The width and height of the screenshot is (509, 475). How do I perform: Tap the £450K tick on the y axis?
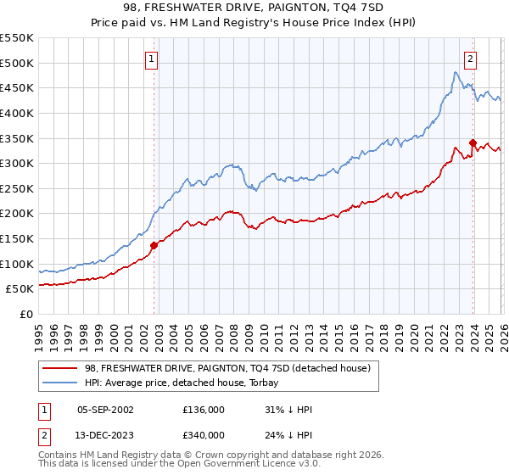(x=17, y=87)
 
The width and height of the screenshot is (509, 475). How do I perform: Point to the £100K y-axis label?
(x=17, y=264)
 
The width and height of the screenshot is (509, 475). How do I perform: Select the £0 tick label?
(x=25, y=314)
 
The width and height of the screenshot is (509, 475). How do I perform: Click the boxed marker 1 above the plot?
(x=151, y=59)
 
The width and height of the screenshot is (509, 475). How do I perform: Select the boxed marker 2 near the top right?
(x=470, y=59)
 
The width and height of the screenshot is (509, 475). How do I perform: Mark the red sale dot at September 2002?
(x=154, y=246)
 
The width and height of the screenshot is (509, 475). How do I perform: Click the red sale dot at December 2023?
(x=473, y=142)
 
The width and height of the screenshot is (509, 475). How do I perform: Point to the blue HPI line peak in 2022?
(x=455, y=73)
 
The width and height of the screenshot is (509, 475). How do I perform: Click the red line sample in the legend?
(x=60, y=368)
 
